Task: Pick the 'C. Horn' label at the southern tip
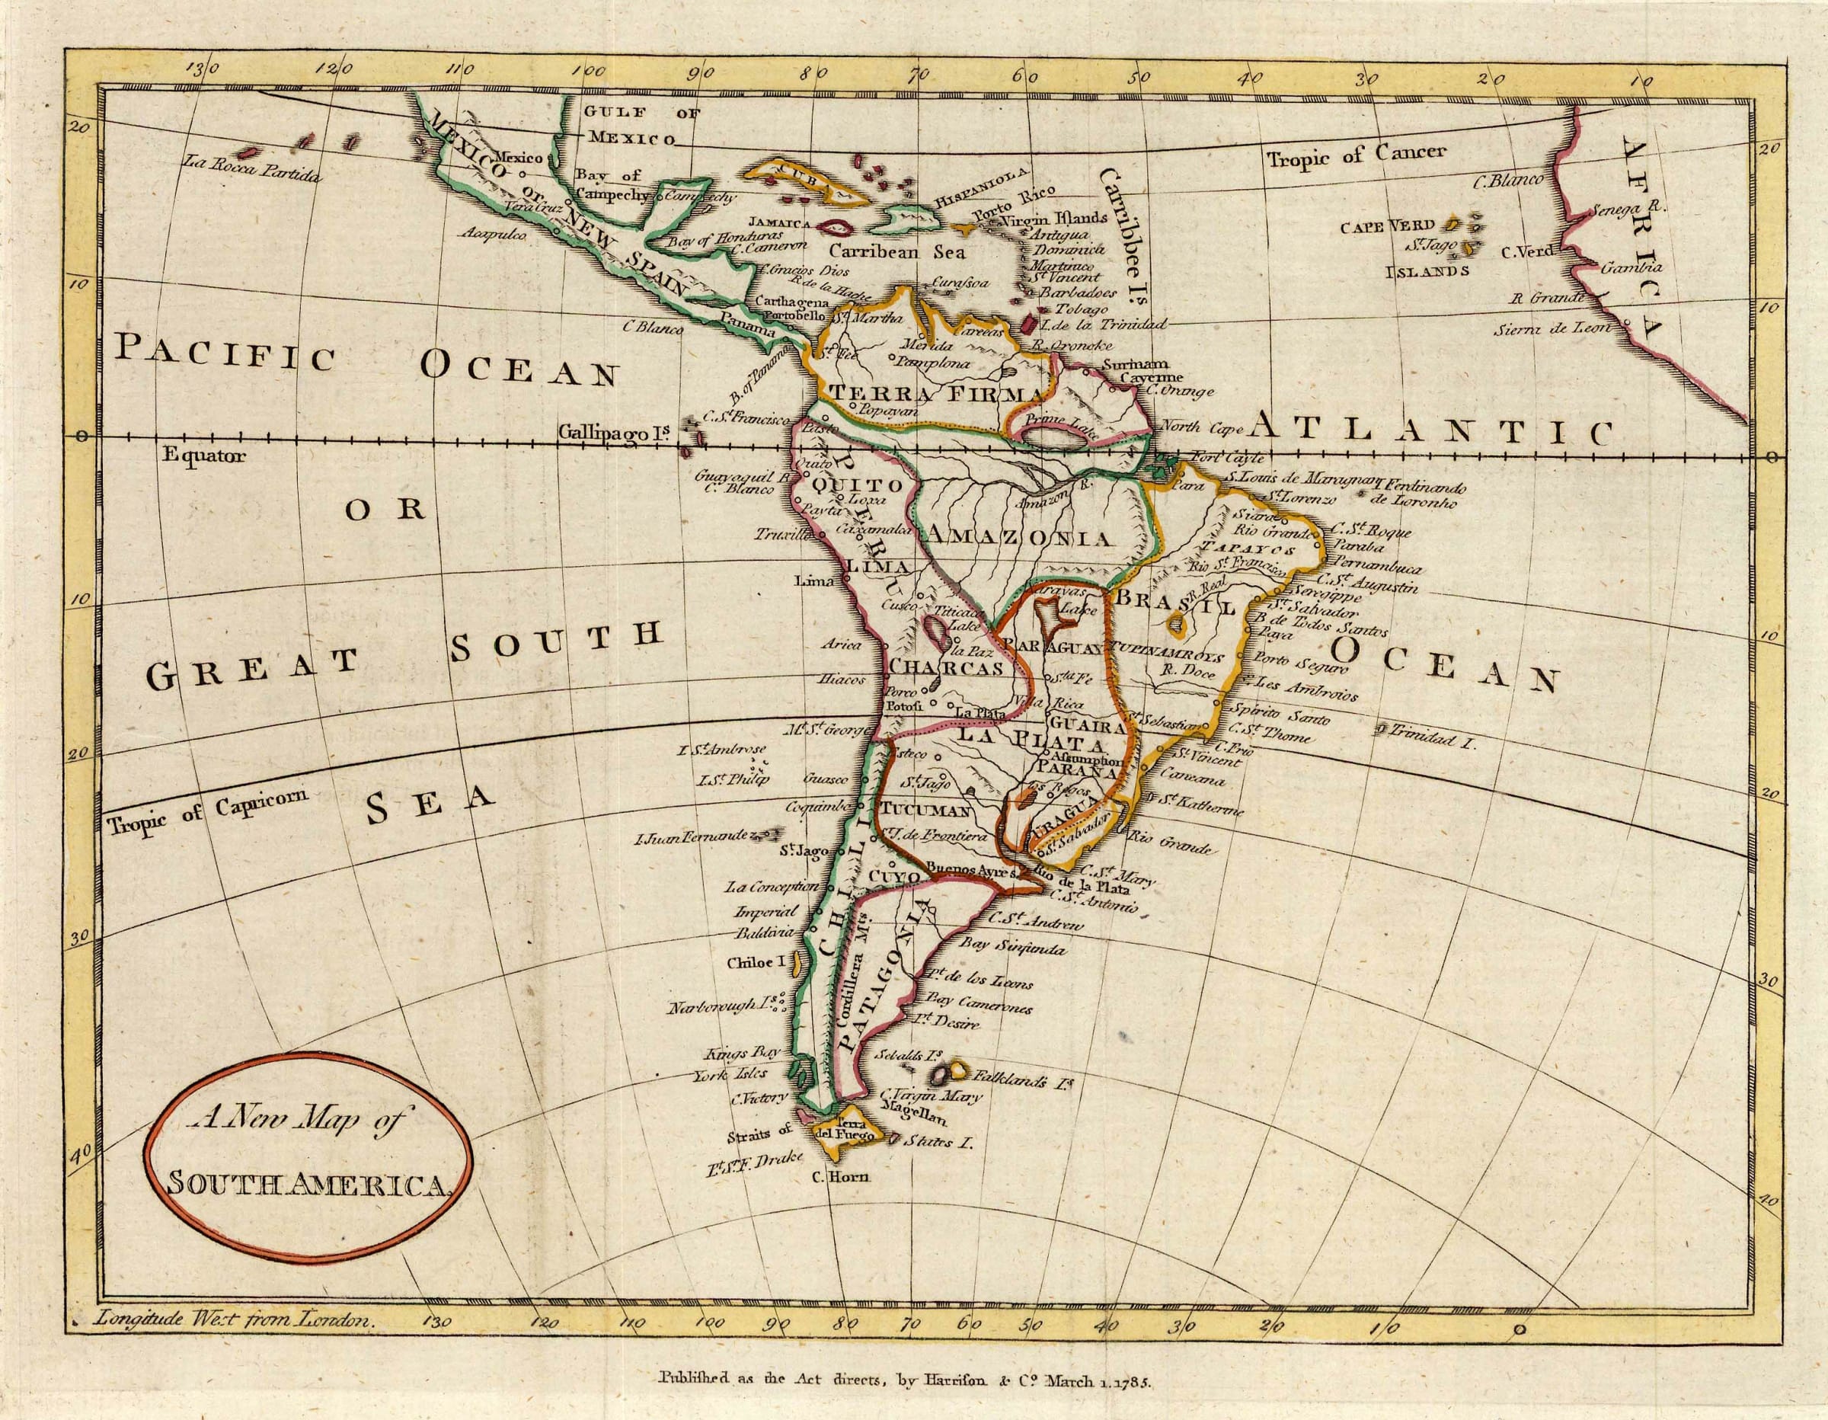(x=841, y=1176)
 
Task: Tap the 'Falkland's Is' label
(x=1022, y=1081)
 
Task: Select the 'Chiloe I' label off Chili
(x=758, y=963)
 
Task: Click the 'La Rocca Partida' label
(x=252, y=175)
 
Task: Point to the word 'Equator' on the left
(x=204, y=456)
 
